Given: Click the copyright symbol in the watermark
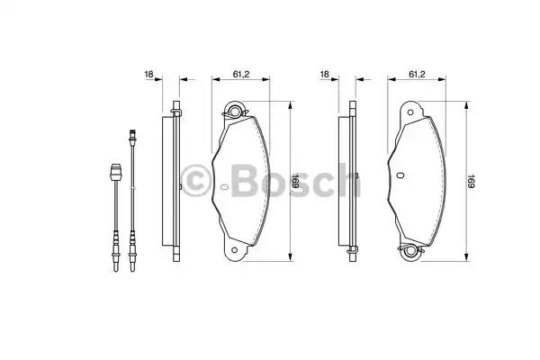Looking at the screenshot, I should coord(198,179).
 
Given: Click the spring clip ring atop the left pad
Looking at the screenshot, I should coord(238,112).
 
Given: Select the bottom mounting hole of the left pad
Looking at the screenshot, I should coord(237,251).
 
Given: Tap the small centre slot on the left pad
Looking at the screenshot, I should coord(223,187).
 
